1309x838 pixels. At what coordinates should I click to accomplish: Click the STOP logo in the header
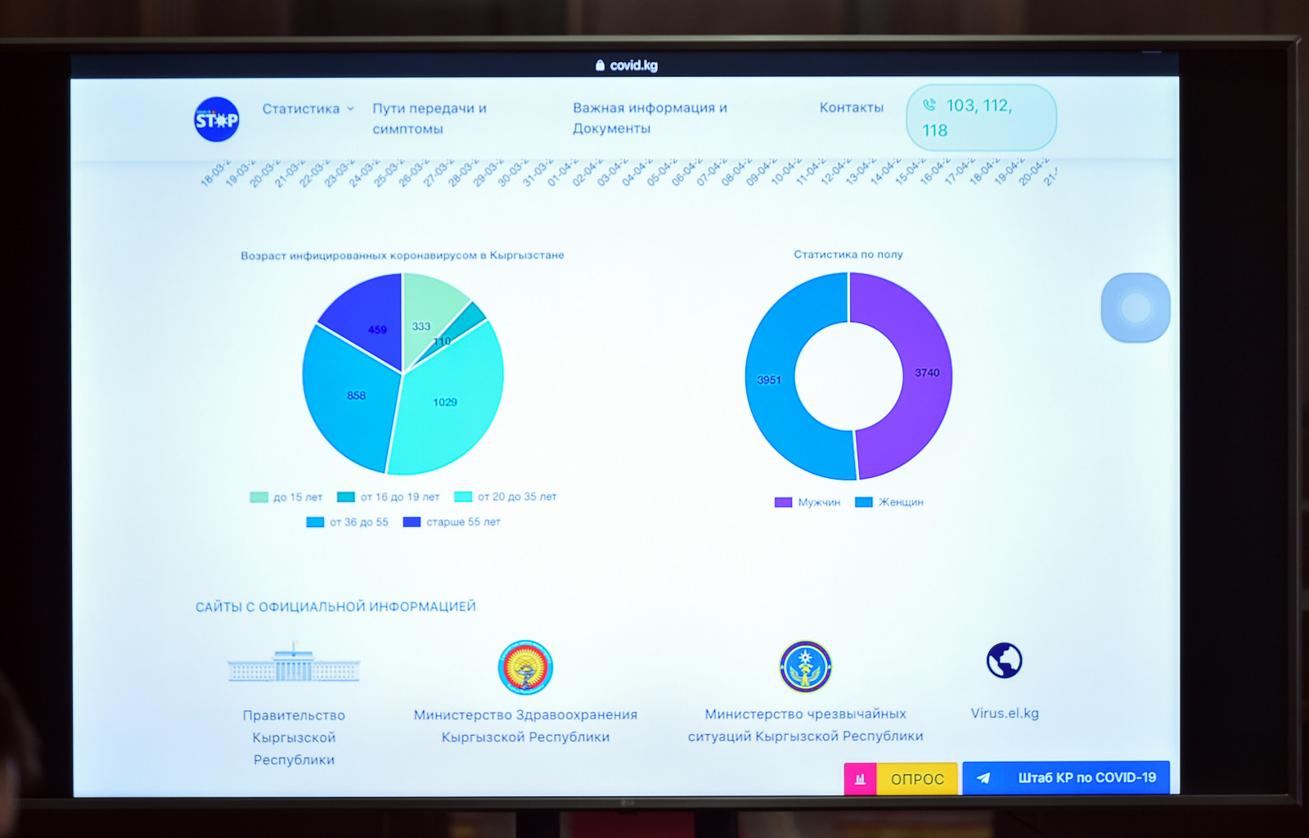(217, 119)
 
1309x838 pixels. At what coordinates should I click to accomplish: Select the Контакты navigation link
(852, 107)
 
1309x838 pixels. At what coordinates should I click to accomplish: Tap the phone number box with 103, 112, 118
(981, 118)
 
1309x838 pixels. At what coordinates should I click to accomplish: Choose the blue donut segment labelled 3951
(774, 380)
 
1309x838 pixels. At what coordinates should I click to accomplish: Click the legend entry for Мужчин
(807, 502)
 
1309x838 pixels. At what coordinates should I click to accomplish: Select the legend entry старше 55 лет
(452, 522)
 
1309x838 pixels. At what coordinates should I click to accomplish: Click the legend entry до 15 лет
(286, 498)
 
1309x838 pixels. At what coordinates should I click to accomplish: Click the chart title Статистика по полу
(848, 255)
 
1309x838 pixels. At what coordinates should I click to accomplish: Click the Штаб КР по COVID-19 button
(1066, 777)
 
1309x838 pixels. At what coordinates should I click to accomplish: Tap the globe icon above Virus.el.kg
(1004, 660)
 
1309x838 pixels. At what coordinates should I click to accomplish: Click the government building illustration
(294, 665)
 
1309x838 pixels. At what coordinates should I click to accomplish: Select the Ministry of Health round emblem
(525, 667)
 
